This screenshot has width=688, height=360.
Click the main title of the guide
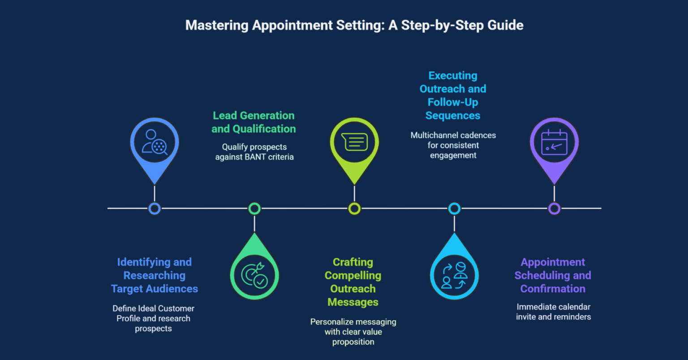click(x=354, y=25)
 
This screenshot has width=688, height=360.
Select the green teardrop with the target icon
click(x=254, y=274)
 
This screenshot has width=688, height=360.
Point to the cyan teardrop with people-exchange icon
click(x=454, y=274)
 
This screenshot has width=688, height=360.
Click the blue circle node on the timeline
click(x=155, y=209)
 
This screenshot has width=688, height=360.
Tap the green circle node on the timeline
click(x=254, y=209)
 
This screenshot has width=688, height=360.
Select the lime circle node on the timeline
click(x=354, y=209)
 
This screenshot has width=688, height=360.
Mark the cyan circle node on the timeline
click(x=454, y=209)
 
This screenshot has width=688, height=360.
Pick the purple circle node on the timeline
click(x=554, y=209)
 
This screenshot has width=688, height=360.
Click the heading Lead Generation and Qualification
click(x=254, y=122)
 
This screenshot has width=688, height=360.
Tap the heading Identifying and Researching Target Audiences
click(x=155, y=275)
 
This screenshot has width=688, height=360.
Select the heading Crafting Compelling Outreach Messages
click(x=353, y=282)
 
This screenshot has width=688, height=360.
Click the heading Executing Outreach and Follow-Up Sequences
click(x=453, y=95)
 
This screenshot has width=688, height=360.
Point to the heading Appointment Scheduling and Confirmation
click(x=553, y=275)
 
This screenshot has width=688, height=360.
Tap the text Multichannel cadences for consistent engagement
click(x=453, y=145)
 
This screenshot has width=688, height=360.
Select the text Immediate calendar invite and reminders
click(x=553, y=312)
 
